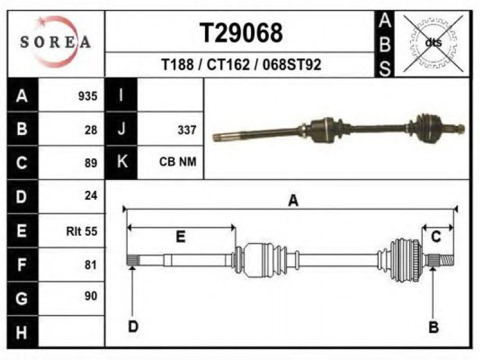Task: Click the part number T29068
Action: click(x=241, y=33)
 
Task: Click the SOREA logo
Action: click(x=55, y=42)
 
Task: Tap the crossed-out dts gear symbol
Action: click(x=433, y=43)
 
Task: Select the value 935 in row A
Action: click(x=88, y=96)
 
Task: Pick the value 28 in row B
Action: click(x=91, y=130)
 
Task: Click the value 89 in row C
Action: click(x=91, y=163)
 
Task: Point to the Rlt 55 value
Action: click(x=82, y=231)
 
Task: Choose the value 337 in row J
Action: click(x=187, y=130)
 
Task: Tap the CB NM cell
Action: click(x=178, y=161)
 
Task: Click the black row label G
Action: click(x=22, y=298)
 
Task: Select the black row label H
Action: click(x=22, y=332)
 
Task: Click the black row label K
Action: click(x=122, y=162)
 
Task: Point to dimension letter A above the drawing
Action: click(x=293, y=201)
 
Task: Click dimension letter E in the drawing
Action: click(x=181, y=236)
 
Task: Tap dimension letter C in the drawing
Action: click(x=436, y=236)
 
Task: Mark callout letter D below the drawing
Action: click(x=133, y=326)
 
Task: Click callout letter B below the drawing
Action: click(x=434, y=327)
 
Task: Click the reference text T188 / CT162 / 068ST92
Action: click(x=241, y=65)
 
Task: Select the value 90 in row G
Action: click(x=91, y=296)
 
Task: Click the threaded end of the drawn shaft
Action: click(x=447, y=260)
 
